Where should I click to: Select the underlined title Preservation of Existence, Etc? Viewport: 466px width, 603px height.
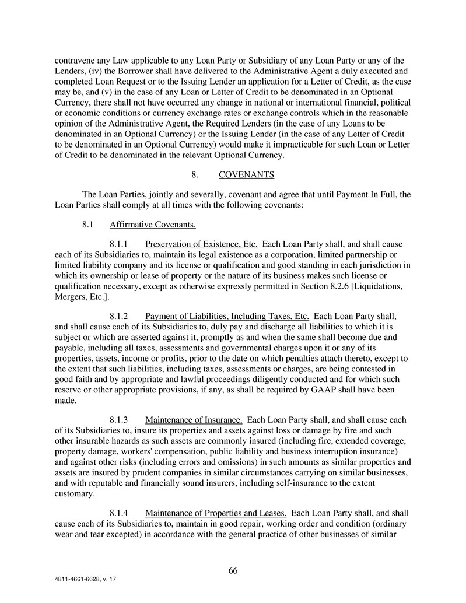coord(201,244)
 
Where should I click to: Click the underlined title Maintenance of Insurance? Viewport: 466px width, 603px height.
coord(194,419)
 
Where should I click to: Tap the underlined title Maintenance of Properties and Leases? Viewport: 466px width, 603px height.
coord(215,513)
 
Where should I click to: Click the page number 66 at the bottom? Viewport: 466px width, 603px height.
coord(233,571)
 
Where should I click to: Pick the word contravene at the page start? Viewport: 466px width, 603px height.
coord(75,60)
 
